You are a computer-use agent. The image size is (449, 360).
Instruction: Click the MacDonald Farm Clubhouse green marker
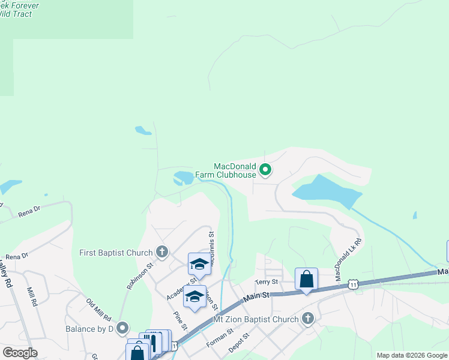click(x=265, y=171)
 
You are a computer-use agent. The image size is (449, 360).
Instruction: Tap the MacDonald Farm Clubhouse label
click(x=235, y=170)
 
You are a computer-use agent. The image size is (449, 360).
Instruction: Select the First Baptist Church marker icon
click(x=161, y=253)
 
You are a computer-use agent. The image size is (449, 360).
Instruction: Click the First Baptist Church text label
click(x=116, y=253)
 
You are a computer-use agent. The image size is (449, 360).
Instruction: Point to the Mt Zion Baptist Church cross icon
click(x=308, y=319)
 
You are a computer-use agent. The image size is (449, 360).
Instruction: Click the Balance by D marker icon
click(x=123, y=328)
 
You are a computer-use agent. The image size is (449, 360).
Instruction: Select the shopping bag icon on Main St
click(x=306, y=279)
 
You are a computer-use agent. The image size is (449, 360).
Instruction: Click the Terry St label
click(x=267, y=281)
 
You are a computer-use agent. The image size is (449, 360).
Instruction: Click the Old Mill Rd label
click(x=99, y=309)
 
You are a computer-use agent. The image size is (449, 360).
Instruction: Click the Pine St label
click(x=181, y=320)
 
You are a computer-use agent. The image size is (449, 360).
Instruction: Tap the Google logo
click(x=19, y=353)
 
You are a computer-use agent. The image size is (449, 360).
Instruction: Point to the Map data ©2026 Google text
click(x=412, y=355)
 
